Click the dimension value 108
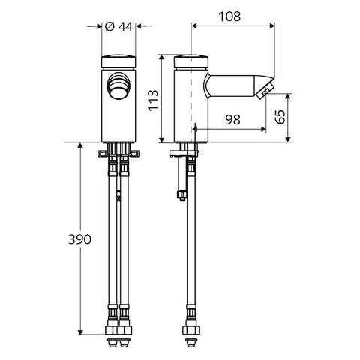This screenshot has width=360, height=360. pyautogui.click(x=229, y=16)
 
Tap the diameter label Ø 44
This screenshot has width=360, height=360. pyautogui.click(x=118, y=26)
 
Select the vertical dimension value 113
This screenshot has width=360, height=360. pyautogui.click(x=153, y=100)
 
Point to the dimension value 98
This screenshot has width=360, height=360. pyautogui.click(x=232, y=120)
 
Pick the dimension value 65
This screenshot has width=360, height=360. pyautogui.click(x=280, y=116)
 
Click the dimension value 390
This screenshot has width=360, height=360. pyautogui.click(x=80, y=239)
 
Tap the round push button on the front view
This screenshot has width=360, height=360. pyautogui.click(x=118, y=85)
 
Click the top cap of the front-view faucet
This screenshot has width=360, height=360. pyautogui.click(x=118, y=61)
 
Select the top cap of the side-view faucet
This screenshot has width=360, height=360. pyautogui.click(x=191, y=61)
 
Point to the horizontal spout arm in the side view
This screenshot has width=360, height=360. pyautogui.click(x=231, y=85)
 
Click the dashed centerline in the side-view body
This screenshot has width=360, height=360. pyautogui.click(x=191, y=99)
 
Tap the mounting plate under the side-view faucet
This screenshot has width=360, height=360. pyautogui.click(x=184, y=153)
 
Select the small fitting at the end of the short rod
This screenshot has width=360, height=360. pyautogui.click(x=181, y=195)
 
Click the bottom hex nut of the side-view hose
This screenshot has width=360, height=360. pyautogui.click(x=191, y=330)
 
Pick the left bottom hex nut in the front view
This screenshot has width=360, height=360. pyautogui.click(x=112, y=330)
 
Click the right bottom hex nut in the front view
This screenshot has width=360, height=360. pyautogui.click(x=124, y=330)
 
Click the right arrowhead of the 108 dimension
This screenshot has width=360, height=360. pyautogui.click(x=271, y=25)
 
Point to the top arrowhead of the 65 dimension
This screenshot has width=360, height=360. pyautogui.click(x=288, y=96)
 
